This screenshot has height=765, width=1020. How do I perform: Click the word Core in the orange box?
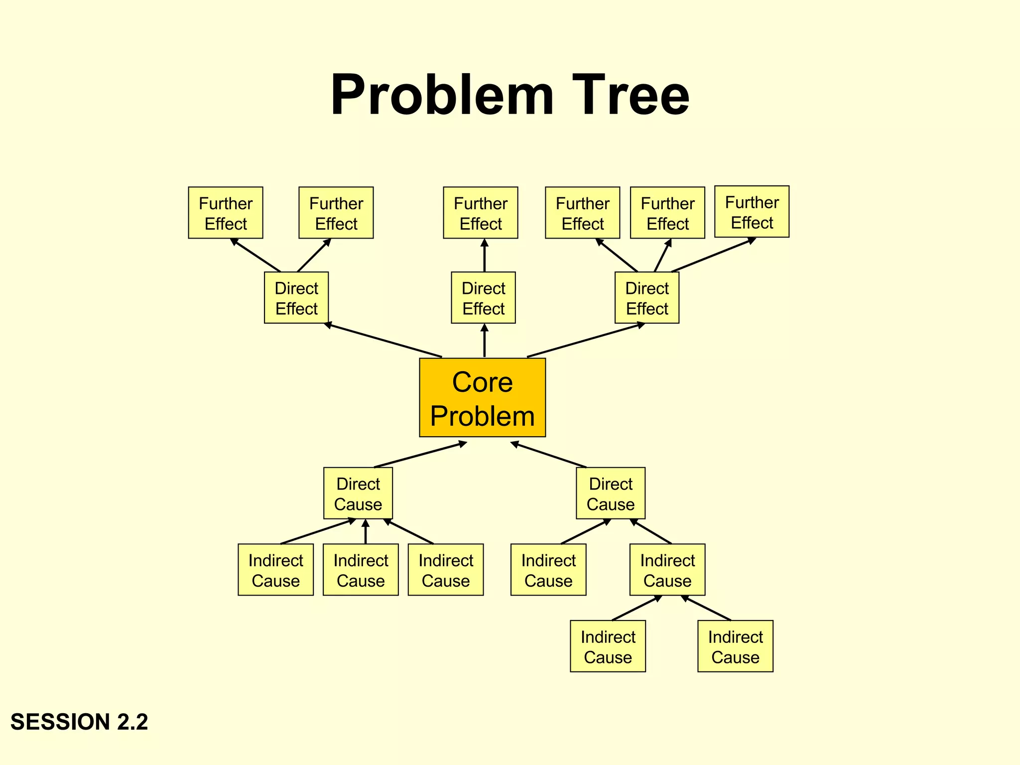(x=482, y=382)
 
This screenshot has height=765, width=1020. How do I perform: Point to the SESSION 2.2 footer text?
(x=79, y=722)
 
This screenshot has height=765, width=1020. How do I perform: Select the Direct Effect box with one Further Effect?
(x=483, y=298)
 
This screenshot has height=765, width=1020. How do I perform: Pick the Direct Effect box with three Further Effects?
(x=646, y=298)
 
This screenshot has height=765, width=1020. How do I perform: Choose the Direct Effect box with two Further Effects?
(x=296, y=298)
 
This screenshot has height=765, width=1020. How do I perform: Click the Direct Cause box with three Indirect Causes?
(x=358, y=494)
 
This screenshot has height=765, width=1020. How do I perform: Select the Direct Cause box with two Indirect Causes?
(x=611, y=494)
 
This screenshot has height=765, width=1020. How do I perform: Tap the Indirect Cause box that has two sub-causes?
(x=667, y=570)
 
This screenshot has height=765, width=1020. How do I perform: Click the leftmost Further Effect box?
(x=226, y=213)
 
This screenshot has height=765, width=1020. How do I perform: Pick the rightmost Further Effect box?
(x=752, y=212)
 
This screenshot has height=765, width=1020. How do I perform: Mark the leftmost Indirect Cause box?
(x=275, y=570)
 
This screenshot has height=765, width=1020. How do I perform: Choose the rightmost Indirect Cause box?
(x=735, y=646)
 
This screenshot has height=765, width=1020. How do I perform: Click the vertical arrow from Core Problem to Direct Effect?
(x=484, y=341)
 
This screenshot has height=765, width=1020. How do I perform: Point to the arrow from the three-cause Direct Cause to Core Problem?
(x=420, y=455)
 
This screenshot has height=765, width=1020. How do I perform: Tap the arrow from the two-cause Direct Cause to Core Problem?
(x=549, y=455)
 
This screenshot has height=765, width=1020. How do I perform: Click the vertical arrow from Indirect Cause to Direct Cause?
(x=366, y=531)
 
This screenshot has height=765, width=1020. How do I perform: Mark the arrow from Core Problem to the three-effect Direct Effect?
(x=586, y=341)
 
